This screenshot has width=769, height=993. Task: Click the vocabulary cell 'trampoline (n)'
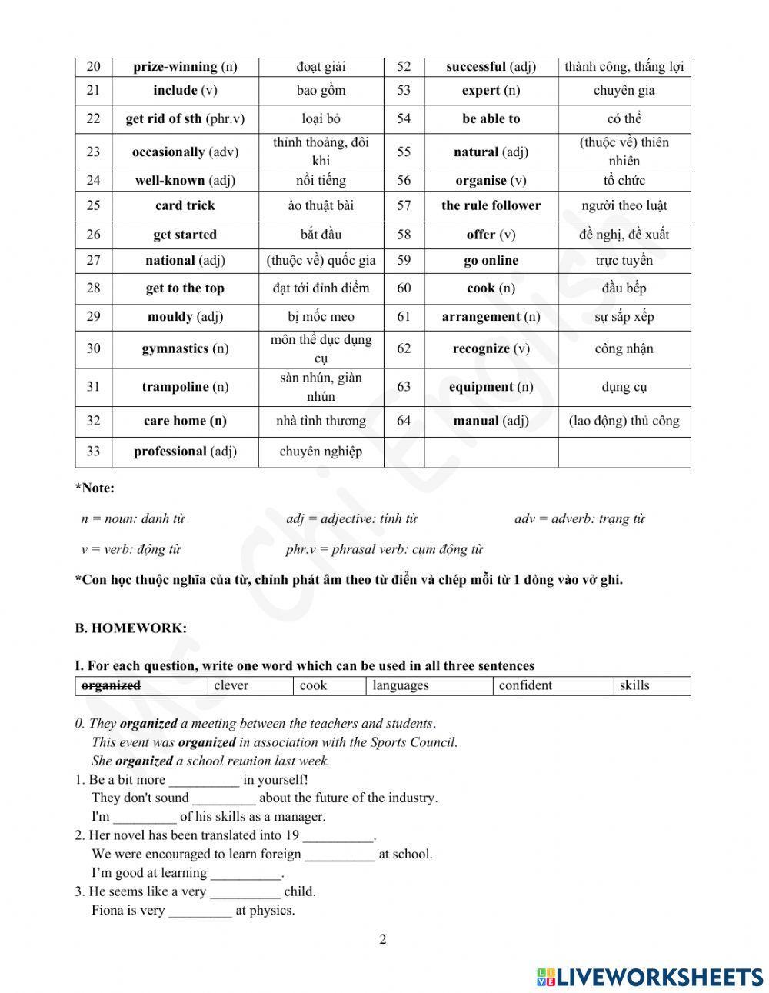point(185,387)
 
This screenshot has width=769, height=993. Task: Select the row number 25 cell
point(93,205)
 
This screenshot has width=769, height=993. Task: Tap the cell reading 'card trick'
point(185,205)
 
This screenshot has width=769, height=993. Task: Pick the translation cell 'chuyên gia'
point(624,90)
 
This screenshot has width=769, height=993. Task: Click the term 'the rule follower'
point(491,205)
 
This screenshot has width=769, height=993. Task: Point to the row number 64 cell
point(404,421)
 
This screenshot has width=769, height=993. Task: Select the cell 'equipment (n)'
point(491,387)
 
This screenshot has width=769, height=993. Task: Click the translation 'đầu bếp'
point(624,288)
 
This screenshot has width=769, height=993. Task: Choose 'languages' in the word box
point(401,685)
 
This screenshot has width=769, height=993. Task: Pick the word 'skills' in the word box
point(634,685)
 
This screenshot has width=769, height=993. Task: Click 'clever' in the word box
point(231,685)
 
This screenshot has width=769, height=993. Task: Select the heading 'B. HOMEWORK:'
point(131,628)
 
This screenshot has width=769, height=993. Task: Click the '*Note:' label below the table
point(95,488)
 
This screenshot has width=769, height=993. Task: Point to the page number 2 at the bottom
point(383,938)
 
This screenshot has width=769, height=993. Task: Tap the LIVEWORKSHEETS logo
point(650,976)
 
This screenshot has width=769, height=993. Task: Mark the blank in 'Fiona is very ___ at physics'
point(200,911)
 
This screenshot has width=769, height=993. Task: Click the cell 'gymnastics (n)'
point(185,348)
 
